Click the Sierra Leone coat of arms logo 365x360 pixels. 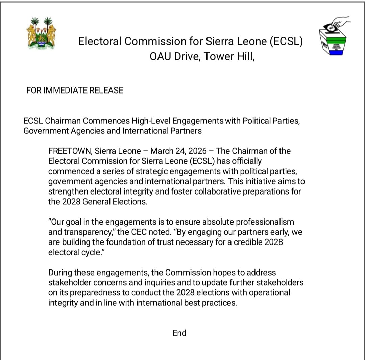point(41,33)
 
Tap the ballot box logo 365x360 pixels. point(335,37)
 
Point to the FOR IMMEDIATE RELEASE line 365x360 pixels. point(75,91)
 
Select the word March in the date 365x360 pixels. point(162,151)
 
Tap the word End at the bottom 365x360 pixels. point(179,333)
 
